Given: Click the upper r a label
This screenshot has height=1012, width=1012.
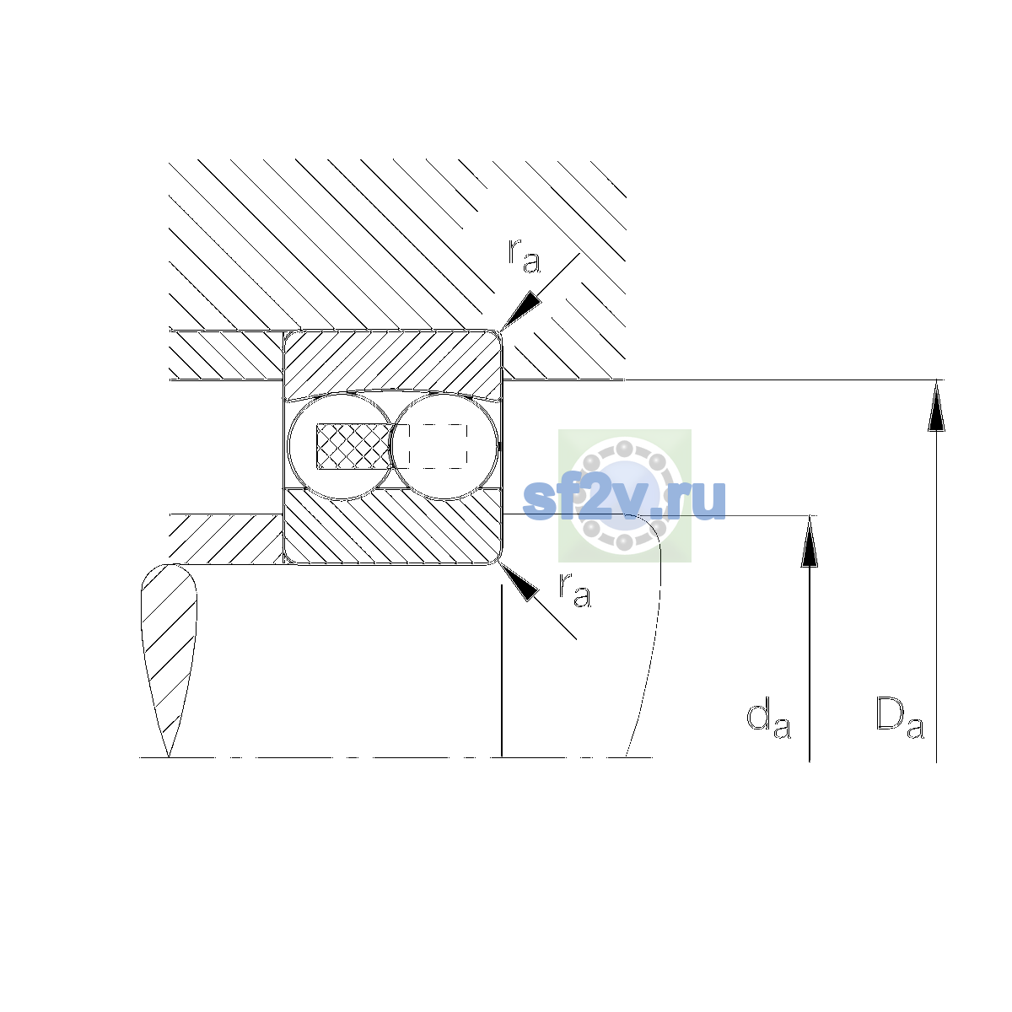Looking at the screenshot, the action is point(524,256).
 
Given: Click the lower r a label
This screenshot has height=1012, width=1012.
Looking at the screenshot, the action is point(574,590).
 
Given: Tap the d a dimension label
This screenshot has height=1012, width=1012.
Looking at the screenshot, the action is point(768,718).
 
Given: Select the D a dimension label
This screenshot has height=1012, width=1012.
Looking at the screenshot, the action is point(900,718).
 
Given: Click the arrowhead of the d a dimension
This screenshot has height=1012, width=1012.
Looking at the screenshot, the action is point(809,541).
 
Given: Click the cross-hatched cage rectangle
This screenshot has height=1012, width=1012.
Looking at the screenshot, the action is point(354,446).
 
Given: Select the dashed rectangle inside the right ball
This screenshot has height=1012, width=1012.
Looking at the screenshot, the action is point(438,446).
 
